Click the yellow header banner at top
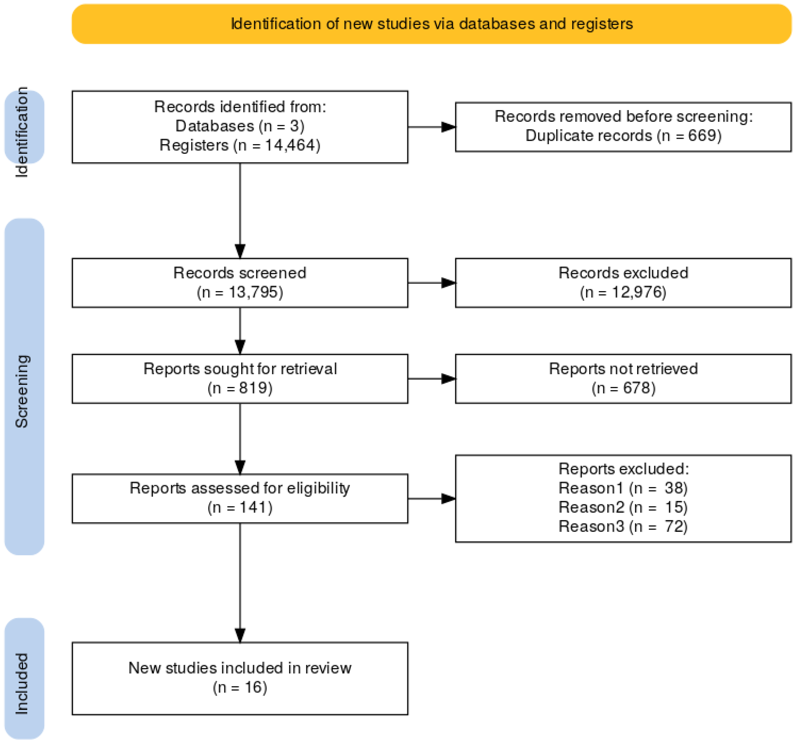(x=431, y=24)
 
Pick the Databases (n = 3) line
(x=240, y=126)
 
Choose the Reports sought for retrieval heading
(x=240, y=368)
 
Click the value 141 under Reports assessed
(x=253, y=507)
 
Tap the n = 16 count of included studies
(x=240, y=687)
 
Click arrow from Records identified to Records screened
(x=240, y=209)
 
